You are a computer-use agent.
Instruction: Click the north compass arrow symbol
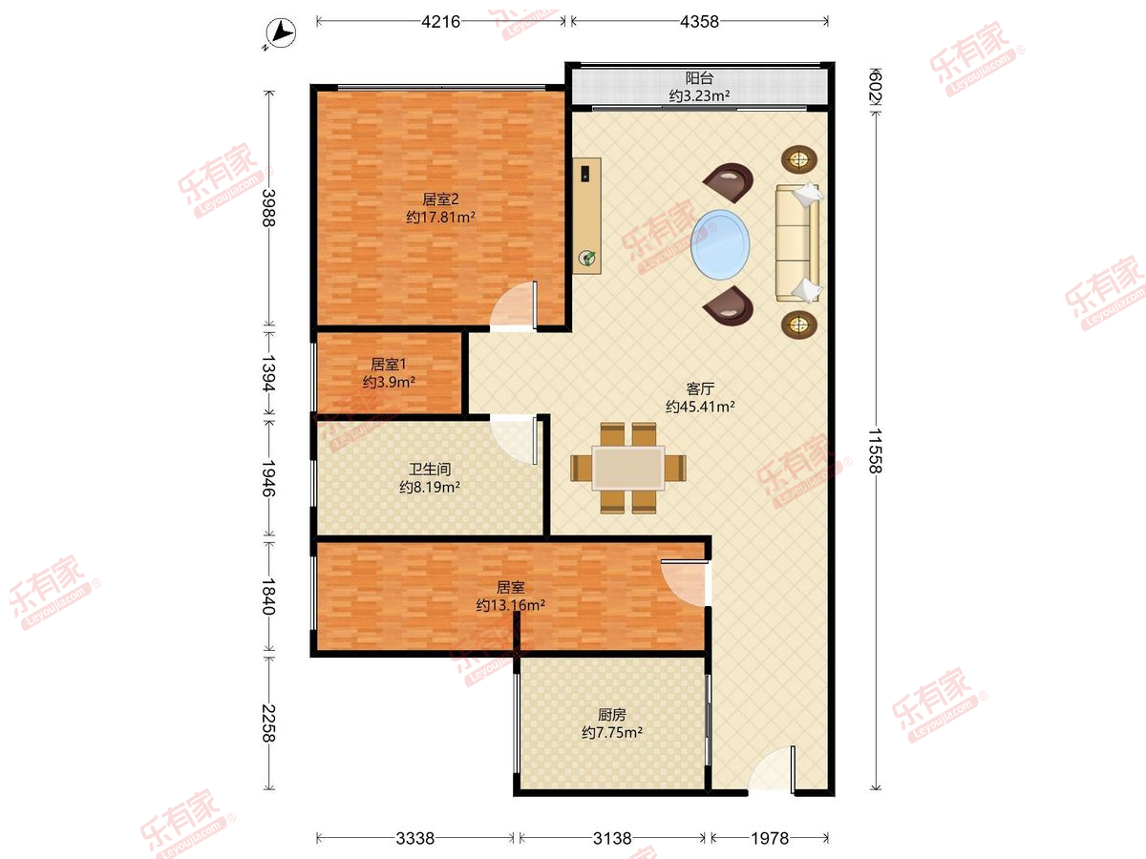pyautogui.click(x=281, y=33)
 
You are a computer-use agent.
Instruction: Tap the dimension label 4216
pyautogui.click(x=440, y=21)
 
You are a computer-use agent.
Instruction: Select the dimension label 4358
pyautogui.click(x=699, y=21)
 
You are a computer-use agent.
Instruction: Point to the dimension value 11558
pyautogui.click(x=876, y=450)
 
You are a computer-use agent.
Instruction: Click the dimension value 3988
pyautogui.click(x=268, y=207)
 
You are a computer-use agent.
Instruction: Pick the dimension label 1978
pyautogui.click(x=770, y=838)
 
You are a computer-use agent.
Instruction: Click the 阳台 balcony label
pyautogui.click(x=699, y=78)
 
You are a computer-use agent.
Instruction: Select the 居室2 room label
pyautogui.click(x=440, y=199)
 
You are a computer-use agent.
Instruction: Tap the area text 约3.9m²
pyautogui.click(x=389, y=382)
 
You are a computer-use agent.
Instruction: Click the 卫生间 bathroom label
pyautogui.click(x=429, y=469)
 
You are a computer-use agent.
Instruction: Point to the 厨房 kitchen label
pyautogui.click(x=611, y=715)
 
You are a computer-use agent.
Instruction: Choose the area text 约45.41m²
pyautogui.click(x=700, y=407)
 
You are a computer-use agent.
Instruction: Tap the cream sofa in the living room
pyautogui.click(x=797, y=242)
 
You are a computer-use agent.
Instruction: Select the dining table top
pyautogui.click(x=628, y=468)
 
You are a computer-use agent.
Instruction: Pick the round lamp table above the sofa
pyautogui.click(x=798, y=158)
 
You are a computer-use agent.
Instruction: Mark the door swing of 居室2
pyautogui.click(x=514, y=306)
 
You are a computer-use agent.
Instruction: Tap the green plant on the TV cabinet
pyautogui.click(x=587, y=258)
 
